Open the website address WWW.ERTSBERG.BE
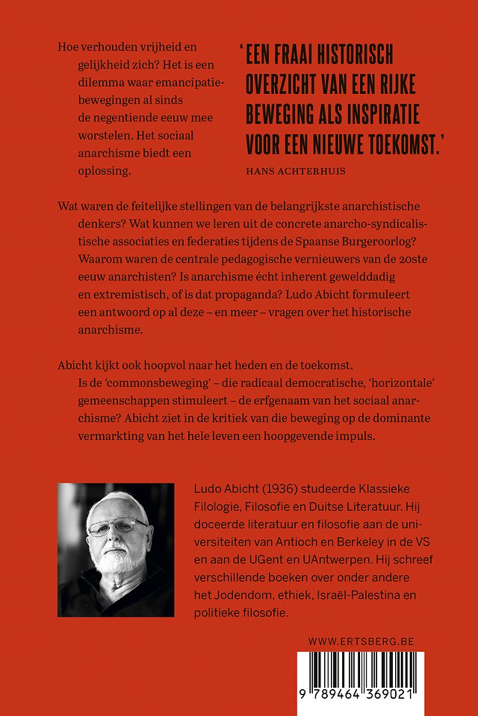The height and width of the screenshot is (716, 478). (361, 641)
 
